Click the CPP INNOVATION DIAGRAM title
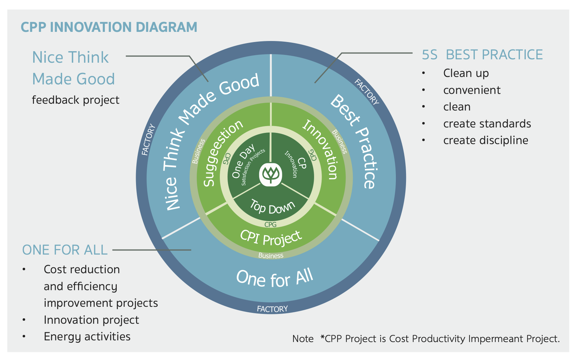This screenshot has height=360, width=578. coord(109,27)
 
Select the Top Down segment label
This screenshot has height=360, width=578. coord(272,207)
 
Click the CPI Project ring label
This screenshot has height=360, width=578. coord(271,238)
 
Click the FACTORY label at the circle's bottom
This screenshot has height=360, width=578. coord(272,309)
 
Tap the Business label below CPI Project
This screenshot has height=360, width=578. coord(271,256)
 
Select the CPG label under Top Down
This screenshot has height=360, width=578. coord(270,225)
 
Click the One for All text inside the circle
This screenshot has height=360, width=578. coord(274,279)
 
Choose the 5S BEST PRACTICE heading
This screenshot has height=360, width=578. coord(482,55)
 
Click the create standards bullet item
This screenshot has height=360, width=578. coord(487,124)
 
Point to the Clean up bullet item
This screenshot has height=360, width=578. coord(466,74)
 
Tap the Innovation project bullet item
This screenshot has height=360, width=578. coord(91,320)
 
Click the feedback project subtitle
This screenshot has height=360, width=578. coord(76,100)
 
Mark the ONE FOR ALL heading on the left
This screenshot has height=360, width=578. coord(65,250)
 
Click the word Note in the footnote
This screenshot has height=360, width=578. coord(303,339)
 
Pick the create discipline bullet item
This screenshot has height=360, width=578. coord(486,141)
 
